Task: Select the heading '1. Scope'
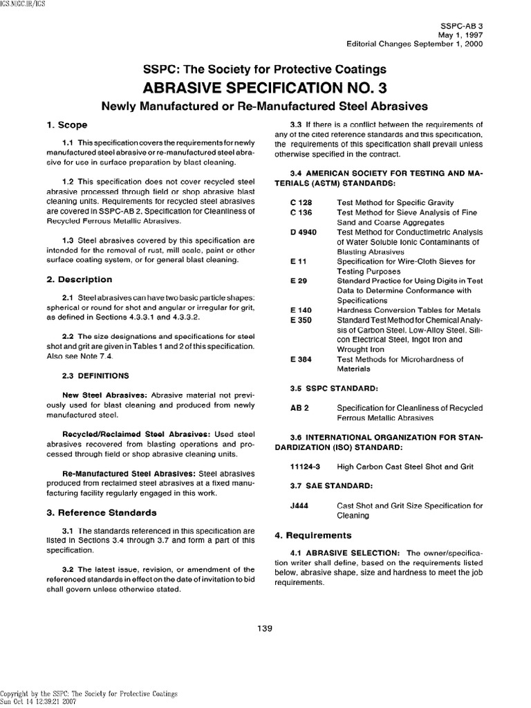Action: click(x=66, y=125)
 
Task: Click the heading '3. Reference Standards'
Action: click(x=101, y=512)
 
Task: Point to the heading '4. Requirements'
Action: click(x=304, y=535)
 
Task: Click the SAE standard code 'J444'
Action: click(x=299, y=506)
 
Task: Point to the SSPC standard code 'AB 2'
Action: click(x=299, y=408)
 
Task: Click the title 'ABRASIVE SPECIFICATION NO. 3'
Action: click(x=265, y=88)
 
